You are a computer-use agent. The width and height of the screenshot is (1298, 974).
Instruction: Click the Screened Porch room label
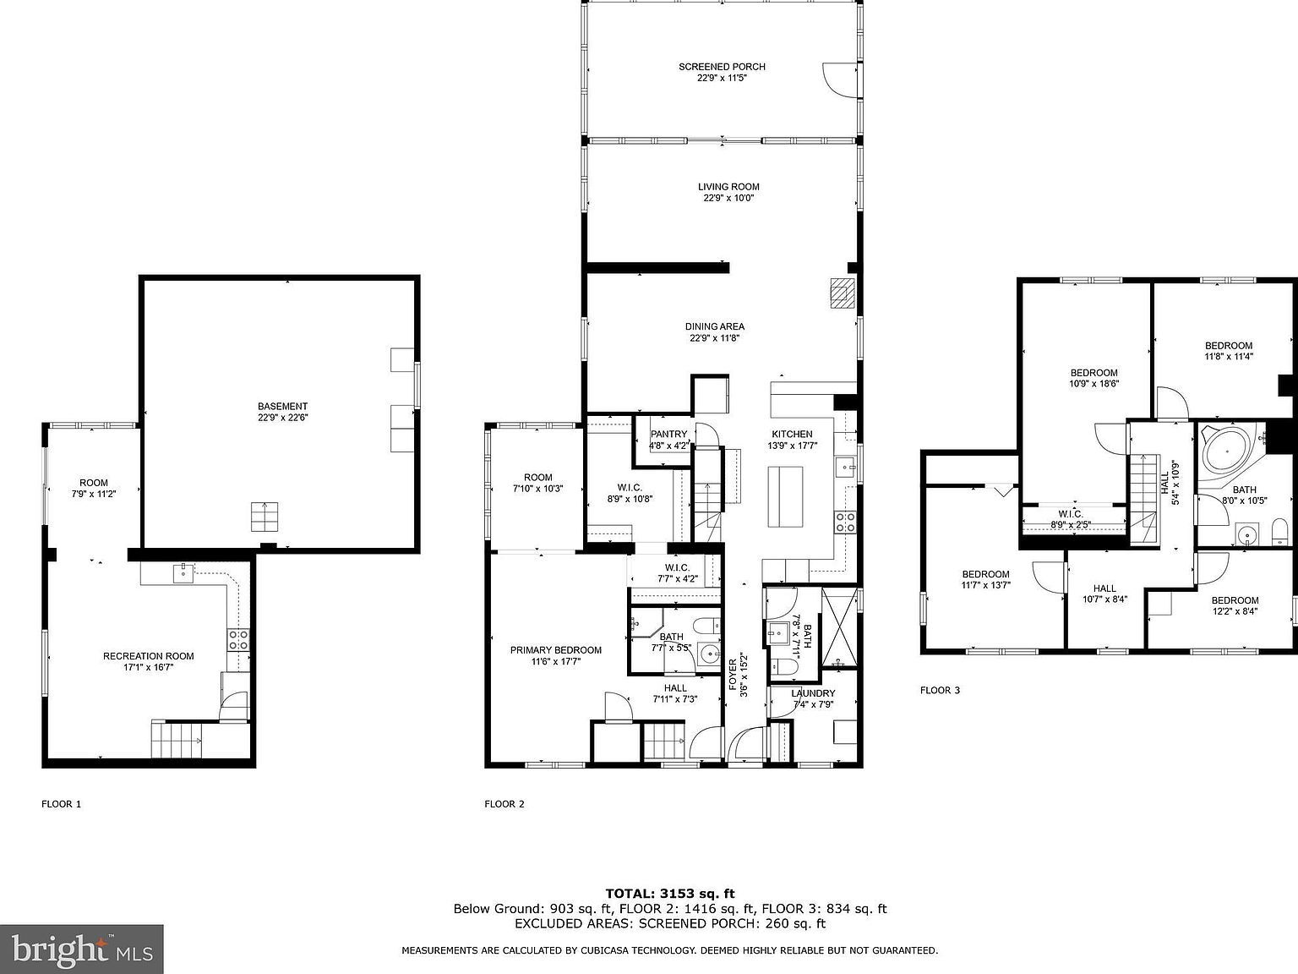(722, 67)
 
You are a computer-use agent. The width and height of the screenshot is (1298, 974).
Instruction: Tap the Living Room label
(728, 187)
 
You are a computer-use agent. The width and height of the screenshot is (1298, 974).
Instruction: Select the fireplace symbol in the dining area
(842, 293)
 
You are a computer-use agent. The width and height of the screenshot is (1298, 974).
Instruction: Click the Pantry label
(668, 435)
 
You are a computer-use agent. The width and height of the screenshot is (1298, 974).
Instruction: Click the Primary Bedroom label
(555, 650)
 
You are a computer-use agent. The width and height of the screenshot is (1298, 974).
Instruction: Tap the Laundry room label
(812, 693)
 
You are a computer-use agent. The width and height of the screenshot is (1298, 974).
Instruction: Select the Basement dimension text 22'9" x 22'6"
(282, 418)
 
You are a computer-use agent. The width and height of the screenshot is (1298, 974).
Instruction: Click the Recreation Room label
(148, 656)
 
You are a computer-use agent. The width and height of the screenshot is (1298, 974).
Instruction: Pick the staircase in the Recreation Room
(177, 741)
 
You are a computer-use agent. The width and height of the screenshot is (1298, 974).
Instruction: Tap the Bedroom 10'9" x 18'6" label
(1093, 373)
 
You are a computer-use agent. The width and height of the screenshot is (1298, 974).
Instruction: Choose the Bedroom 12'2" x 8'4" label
(1235, 600)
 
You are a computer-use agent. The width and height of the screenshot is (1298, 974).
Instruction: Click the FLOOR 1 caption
(62, 804)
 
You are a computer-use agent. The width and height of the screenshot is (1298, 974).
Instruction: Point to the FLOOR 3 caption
(940, 690)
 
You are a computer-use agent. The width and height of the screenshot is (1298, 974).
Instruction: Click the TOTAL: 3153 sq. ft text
(669, 894)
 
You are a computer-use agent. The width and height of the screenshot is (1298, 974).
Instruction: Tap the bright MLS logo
(82, 949)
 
